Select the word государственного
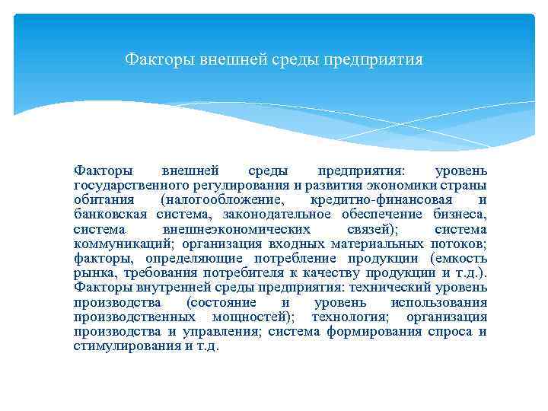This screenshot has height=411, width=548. pyautogui.click(x=135, y=185)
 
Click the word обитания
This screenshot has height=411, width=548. pyautogui.click(x=101, y=199)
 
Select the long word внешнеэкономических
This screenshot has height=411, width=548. pyautogui.click(x=237, y=229)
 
